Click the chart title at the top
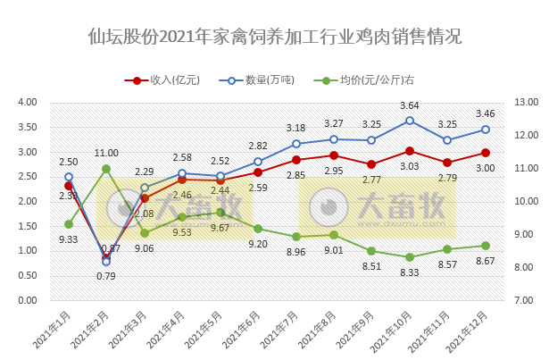pos(275,38)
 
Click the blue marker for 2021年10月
pos(409,121)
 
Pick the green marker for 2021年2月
pos(106,168)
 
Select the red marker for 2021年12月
pos(485,153)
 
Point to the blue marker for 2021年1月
pos(69,177)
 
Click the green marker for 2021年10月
pos(409,257)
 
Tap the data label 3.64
pos(409,105)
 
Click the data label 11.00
pos(106,153)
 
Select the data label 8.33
pos(409,272)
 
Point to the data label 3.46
pos(485,113)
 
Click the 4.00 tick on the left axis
pos(27,103)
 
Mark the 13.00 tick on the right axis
pos(521,103)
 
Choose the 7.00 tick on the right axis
pos(521,300)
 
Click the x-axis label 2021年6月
pos(248,331)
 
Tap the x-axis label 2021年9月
pos(362,331)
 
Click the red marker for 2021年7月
pos(295,160)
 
